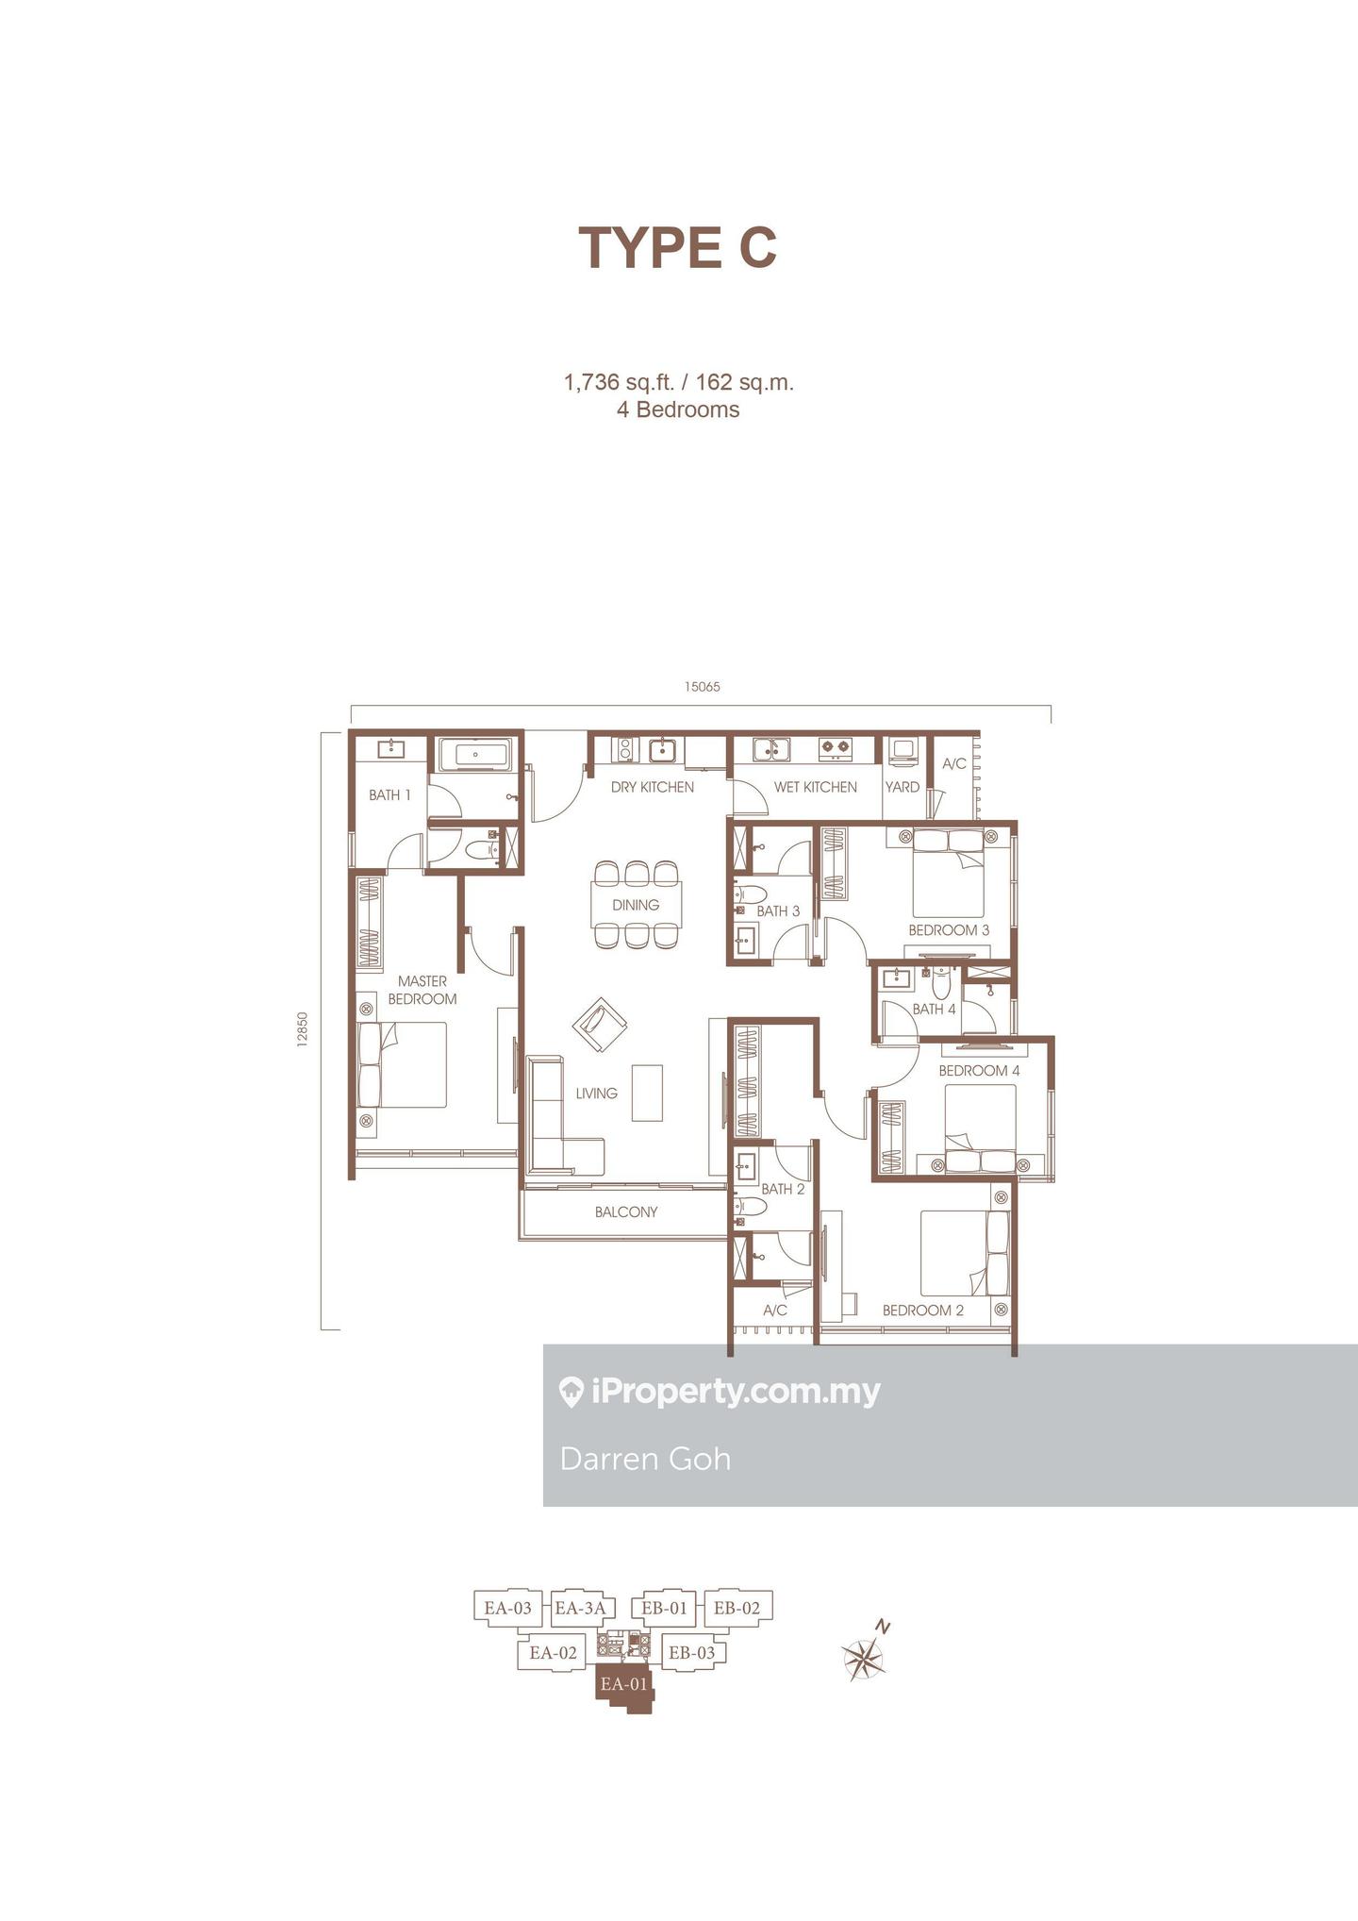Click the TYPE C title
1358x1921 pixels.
point(678,247)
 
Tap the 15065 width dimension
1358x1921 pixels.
point(703,687)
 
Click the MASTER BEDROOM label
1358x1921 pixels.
point(422,990)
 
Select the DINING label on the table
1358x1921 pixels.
point(636,905)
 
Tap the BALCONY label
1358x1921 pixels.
point(626,1211)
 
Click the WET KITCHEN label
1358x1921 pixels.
point(816,787)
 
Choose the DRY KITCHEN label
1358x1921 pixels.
point(653,787)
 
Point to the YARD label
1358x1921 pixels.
point(903,787)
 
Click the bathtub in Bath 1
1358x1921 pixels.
point(472,755)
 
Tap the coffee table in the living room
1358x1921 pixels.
point(647,1093)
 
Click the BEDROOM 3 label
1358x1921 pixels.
point(949,930)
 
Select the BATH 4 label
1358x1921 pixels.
point(934,1009)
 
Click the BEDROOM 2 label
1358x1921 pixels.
point(923,1311)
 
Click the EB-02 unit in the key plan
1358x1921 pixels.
point(737,1608)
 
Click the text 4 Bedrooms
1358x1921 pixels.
point(678,409)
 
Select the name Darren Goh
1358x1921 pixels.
point(645,1459)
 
